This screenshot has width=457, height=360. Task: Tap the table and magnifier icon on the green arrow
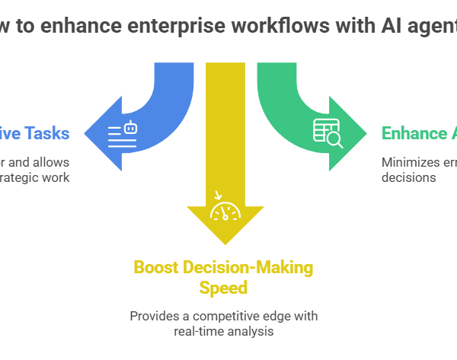328,134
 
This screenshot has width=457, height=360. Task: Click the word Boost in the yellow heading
155,268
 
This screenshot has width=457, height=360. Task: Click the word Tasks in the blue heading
46,134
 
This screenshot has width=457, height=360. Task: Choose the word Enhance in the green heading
414,134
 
